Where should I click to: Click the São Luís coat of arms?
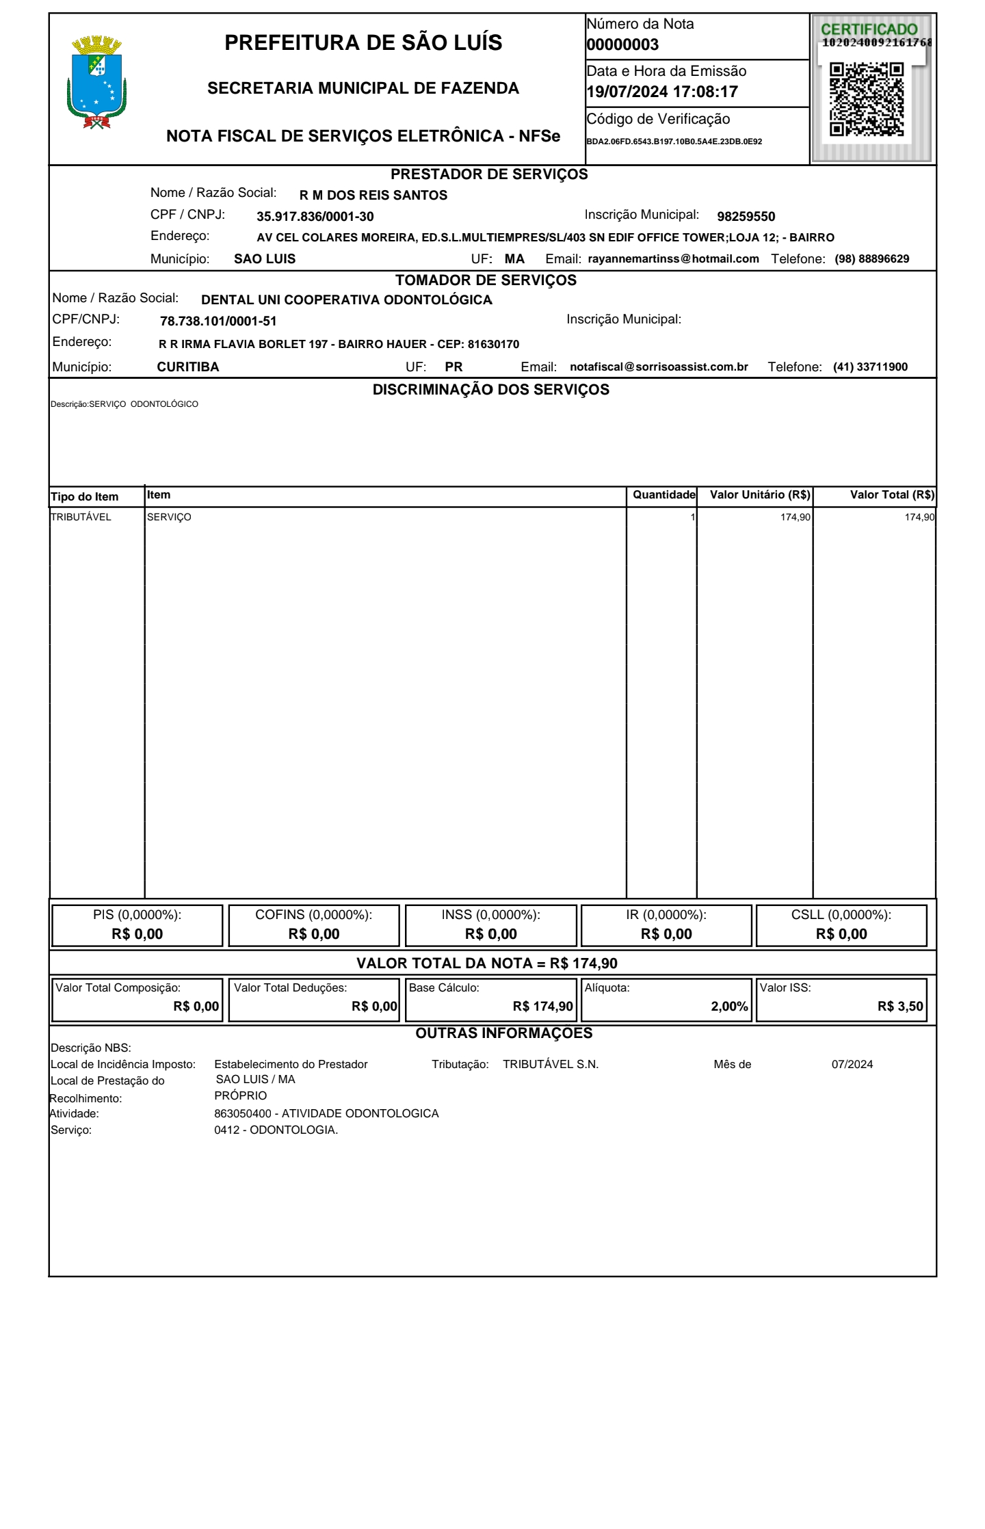click(97, 83)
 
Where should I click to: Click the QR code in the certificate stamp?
click(867, 99)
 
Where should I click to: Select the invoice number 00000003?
click(622, 45)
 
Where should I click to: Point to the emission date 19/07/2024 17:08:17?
click(662, 92)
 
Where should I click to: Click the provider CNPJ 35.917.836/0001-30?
click(315, 217)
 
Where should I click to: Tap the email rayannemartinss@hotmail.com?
click(673, 258)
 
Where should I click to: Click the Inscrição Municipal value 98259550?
click(746, 217)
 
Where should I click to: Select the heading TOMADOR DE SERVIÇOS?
click(486, 280)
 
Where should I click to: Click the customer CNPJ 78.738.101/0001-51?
click(218, 321)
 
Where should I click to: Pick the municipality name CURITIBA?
click(188, 367)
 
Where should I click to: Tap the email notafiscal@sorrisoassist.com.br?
click(659, 367)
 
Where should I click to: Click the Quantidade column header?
click(664, 494)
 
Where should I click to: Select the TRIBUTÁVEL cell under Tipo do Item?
click(81, 517)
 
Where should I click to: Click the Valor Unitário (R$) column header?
click(760, 494)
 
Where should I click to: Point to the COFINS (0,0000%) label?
click(313, 914)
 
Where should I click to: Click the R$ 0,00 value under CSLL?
click(841, 934)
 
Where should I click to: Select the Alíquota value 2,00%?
click(729, 1007)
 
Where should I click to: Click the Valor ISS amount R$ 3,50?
click(900, 1007)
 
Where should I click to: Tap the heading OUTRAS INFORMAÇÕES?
click(504, 1033)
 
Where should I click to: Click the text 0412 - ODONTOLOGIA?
click(276, 1130)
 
